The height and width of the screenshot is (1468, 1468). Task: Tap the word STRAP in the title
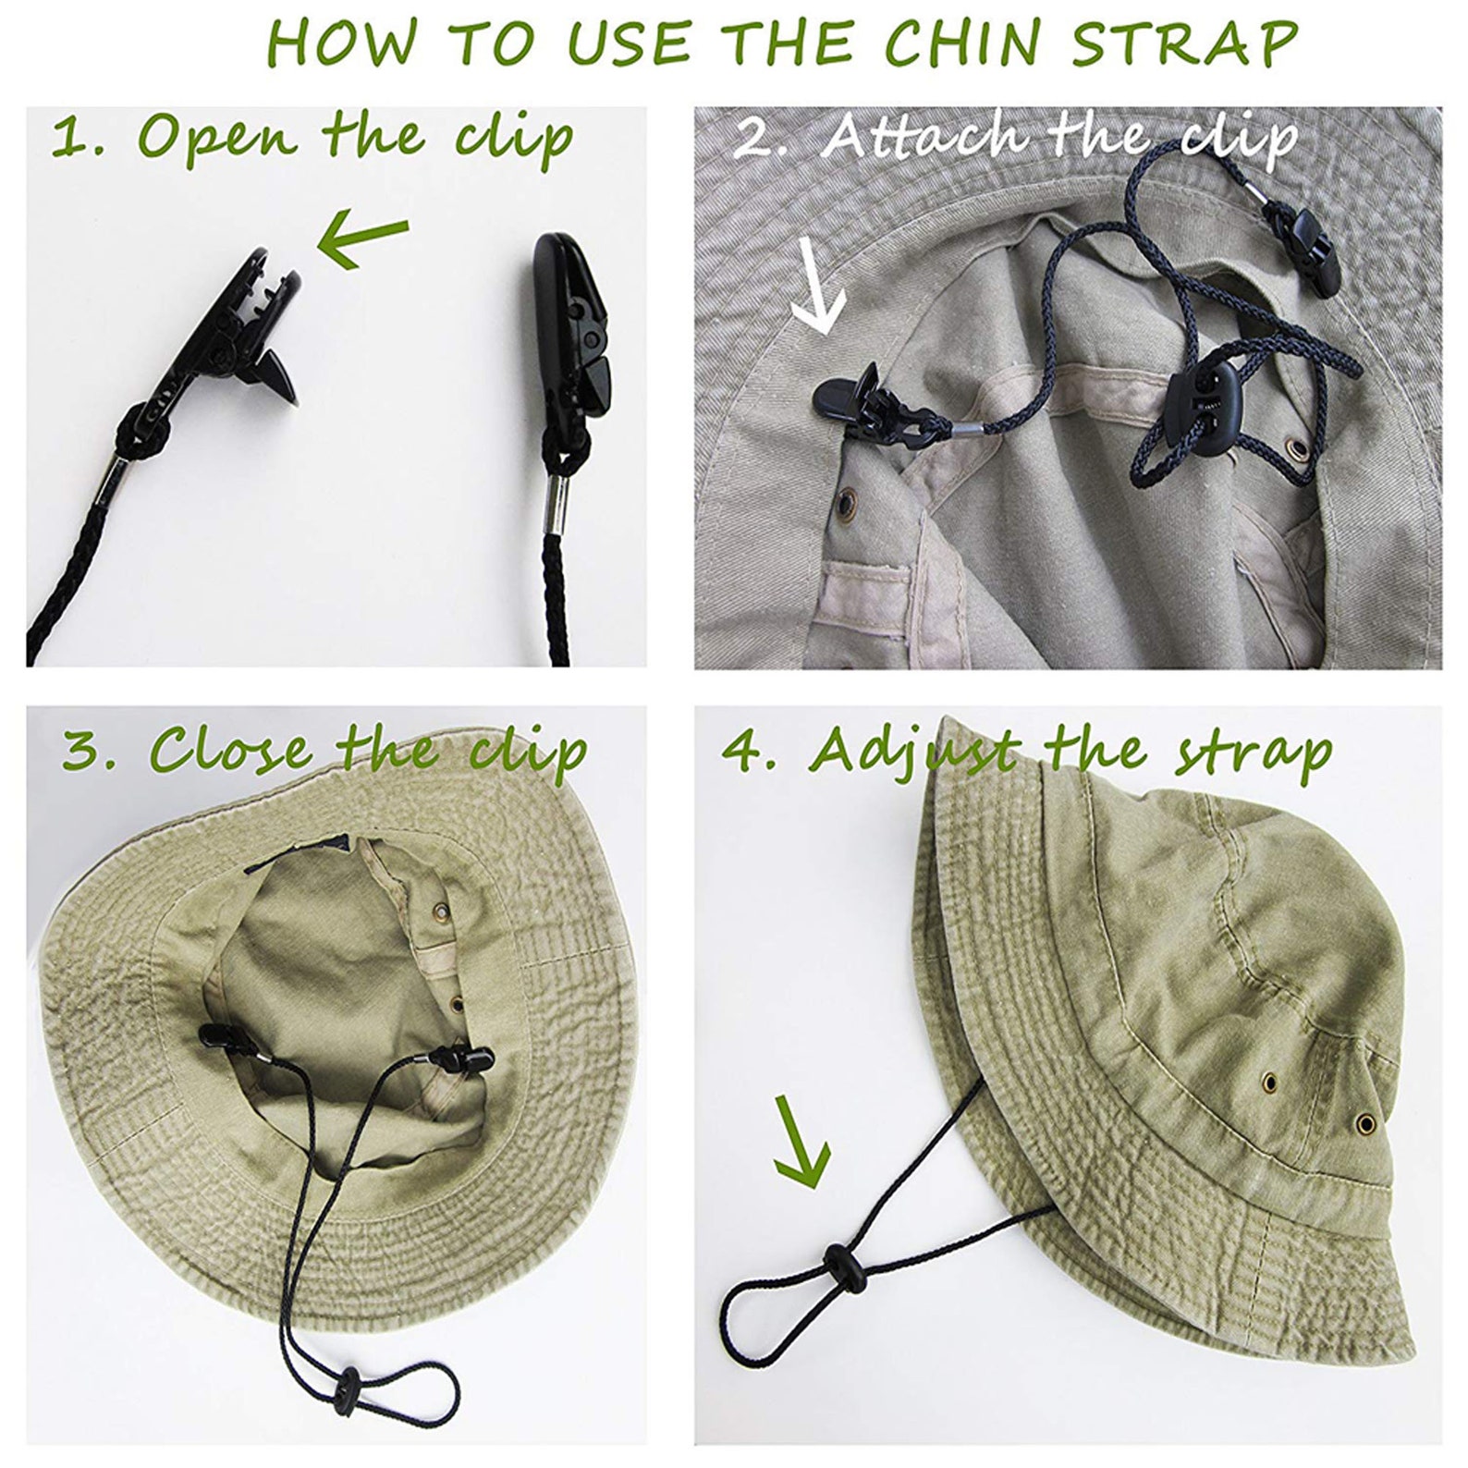tap(1185, 43)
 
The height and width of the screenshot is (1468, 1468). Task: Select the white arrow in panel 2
tap(819, 287)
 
